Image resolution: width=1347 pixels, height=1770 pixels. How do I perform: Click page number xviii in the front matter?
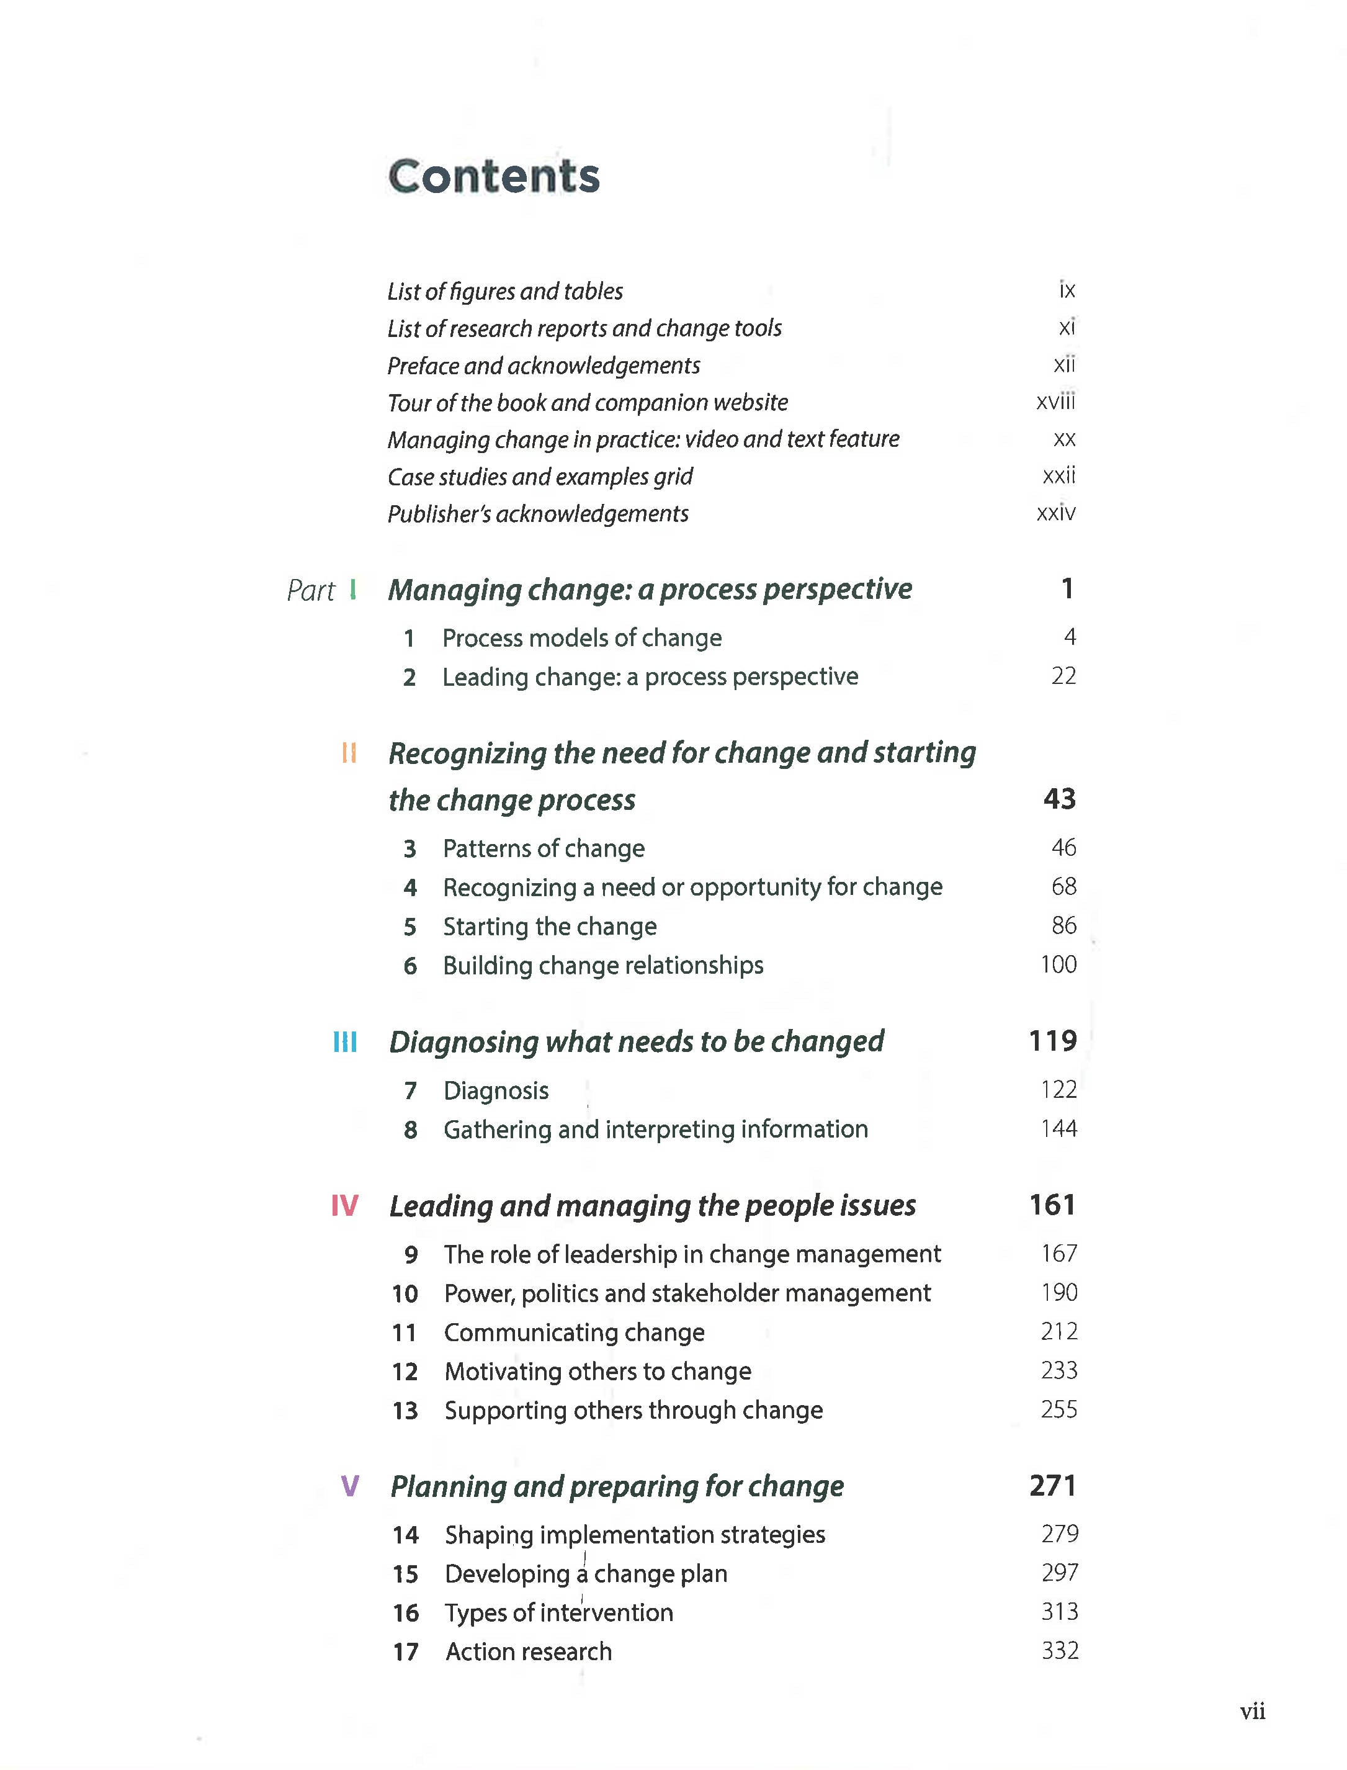[x=1055, y=401]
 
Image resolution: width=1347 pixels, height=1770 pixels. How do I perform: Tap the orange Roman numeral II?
[x=349, y=753]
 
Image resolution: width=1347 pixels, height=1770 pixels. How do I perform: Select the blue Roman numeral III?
[x=345, y=1042]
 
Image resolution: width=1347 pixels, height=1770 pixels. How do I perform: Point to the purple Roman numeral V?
[x=349, y=1486]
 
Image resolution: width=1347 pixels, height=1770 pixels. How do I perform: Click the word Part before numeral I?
[x=310, y=591]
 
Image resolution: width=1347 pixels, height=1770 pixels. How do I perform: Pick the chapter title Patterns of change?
[x=544, y=848]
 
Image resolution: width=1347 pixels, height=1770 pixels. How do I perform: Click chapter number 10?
[x=405, y=1293]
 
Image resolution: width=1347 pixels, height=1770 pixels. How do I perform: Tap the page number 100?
[x=1058, y=965]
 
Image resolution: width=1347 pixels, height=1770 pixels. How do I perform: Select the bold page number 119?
[x=1053, y=1041]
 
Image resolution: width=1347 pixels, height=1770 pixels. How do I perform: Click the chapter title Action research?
[x=529, y=1652]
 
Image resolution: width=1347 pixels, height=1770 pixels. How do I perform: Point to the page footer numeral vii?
[x=1253, y=1712]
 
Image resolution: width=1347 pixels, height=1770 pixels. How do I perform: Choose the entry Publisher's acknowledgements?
[x=538, y=514]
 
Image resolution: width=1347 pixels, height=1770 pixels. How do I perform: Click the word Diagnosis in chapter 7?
[x=496, y=1090]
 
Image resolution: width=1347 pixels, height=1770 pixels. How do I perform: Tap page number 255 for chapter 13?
[x=1059, y=1410]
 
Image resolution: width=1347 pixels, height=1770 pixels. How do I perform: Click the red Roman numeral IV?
[x=345, y=1205]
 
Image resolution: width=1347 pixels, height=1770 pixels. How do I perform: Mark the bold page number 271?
[x=1053, y=1486]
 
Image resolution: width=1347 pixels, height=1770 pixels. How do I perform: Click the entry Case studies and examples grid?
[x=540, y=477]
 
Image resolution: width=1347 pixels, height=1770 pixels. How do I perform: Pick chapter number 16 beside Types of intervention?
[x=406, y=1613]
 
